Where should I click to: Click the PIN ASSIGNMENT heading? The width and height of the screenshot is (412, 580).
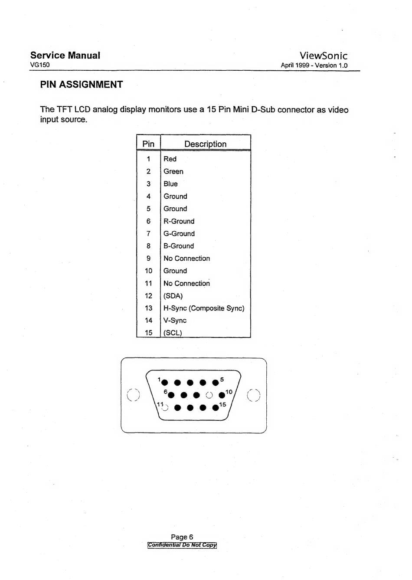click(x=82, y=85)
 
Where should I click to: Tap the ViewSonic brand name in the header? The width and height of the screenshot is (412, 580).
click(x=323, y=56)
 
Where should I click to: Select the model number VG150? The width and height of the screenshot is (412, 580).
click(x=40, y=65)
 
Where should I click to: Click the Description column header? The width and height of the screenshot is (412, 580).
click(x=205, y=144)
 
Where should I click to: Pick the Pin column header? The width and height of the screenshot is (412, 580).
click(x=148, y=144)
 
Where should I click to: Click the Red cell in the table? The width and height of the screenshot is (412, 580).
click(x=170, y=159)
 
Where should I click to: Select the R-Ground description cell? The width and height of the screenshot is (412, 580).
click(x=179, y=221)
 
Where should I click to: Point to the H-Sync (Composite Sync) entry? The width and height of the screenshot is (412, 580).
click(x=204, y=308)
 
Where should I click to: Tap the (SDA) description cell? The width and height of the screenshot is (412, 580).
click(x=173, y=296)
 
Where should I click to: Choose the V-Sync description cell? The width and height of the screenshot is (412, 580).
click(x=175, y=321)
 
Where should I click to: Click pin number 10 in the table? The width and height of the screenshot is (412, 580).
click(x=148, y=271)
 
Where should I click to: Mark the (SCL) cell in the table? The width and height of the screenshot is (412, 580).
click(x=173, y=333)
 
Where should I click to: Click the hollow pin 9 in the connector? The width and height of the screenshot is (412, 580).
click(x=209, y=395)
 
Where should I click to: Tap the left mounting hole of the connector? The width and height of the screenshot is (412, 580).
click(x=133, y=395)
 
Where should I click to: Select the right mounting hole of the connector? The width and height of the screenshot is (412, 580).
click(x=254, y=395)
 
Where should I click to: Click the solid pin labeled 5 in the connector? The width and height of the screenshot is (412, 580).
click(x=216, y=383)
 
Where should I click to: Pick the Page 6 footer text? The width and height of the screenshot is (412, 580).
click(x=182, y=537)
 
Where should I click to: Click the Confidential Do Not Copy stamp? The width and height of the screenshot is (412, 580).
click(x=182, y=545)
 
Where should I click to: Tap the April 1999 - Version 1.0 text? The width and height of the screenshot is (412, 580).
click(x=314, y=66)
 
